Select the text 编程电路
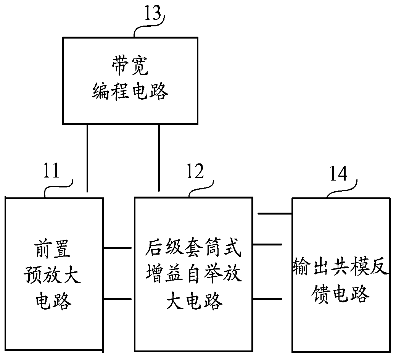tap(130, 92)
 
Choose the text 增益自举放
tap(194, 276)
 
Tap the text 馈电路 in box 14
tap(341, 295)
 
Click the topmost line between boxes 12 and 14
tap(275, 214)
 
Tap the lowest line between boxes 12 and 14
tap(270, 299)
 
